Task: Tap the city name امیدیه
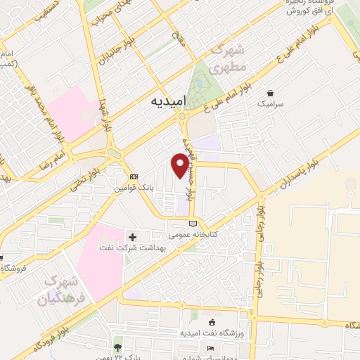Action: point(172,101)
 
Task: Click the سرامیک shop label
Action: point(270,103)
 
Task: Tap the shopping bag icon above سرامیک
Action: point(270,92)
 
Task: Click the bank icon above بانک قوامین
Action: point(134,176)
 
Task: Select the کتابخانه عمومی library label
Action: point(192,233)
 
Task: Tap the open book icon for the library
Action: point(193,223)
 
